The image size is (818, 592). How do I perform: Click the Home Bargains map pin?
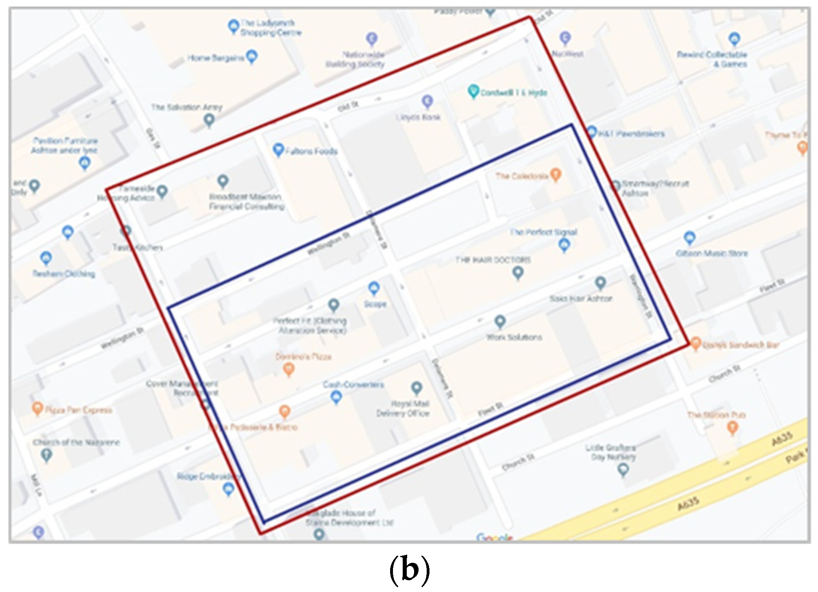pos(252,56)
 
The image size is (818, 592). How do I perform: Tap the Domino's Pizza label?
pos(303,357)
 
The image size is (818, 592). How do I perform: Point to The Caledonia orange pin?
pos(556,174)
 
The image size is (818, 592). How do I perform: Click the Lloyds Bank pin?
pos(427,101)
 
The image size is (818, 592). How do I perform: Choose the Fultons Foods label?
pos(311,151)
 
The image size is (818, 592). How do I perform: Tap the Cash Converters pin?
pos(336,397)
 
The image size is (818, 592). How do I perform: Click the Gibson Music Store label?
pos(711,254)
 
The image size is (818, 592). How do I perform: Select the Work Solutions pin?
pos(500,322)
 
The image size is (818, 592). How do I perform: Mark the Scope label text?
pos(375,304)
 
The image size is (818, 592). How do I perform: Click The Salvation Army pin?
pos(209,120)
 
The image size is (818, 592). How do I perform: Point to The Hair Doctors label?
pos(493,260)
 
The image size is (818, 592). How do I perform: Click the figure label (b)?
pos(409,570)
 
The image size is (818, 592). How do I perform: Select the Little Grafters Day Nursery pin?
pos(623,469)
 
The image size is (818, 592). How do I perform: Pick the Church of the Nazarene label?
pos(76,442)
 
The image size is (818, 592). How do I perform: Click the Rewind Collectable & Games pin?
pos(734,39)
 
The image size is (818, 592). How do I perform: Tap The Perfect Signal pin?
pos(564,245)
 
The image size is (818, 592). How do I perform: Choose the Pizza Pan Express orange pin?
pos(37,408)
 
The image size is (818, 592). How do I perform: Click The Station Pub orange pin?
pos(732,427)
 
